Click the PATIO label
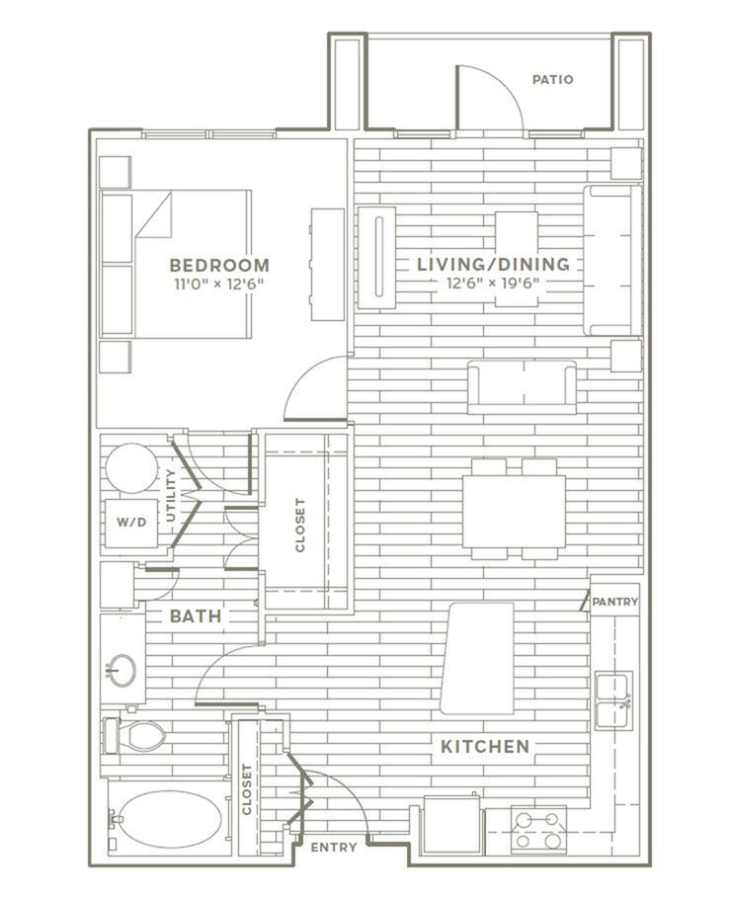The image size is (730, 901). [552, 79]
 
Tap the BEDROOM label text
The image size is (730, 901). [219, 265]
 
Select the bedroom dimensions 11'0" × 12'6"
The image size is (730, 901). [219, 284]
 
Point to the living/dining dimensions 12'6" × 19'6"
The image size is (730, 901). [493, 284]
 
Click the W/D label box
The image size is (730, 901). [131, 523]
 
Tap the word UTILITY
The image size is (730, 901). [171, 495]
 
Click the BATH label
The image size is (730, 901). [196, 616]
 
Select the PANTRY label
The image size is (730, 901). [615, 602]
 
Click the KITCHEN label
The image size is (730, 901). [485, 747]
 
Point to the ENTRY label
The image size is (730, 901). [334, 847]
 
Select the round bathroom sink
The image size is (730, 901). [122, 670]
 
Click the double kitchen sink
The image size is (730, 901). [613, 699]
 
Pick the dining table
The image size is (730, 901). [514, 511]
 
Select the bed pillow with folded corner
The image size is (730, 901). [154, 213]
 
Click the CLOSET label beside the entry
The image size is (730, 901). [247, 789]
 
